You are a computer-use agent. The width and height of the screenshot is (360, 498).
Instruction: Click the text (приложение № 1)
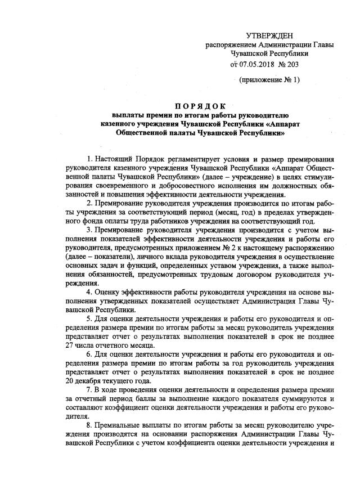269,80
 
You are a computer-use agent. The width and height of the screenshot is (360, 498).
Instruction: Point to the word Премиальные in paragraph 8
121,426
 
